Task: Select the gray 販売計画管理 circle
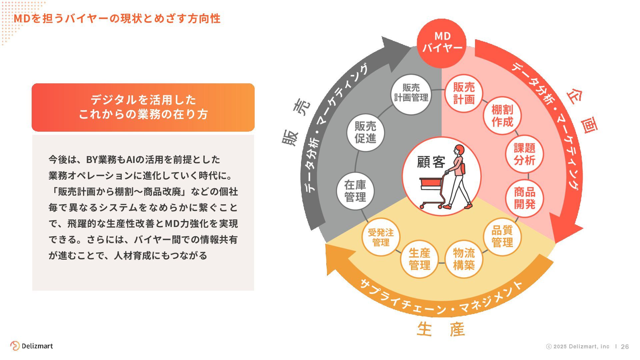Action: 411,94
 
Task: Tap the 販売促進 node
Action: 365,132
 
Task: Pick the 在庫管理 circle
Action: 355,191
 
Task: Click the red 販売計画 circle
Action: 464,94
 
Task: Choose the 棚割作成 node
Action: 502,116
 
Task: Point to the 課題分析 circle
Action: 524,154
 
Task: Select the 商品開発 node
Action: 524,198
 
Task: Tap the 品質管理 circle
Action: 502,236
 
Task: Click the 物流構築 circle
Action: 464,259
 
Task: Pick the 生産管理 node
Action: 419,259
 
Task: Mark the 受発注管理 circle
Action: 381,237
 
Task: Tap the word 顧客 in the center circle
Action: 431,162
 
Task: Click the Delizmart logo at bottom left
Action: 32,346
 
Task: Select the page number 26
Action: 625,347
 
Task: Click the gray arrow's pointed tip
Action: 409,47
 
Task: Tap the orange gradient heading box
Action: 143,107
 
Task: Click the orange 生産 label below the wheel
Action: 441,329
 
